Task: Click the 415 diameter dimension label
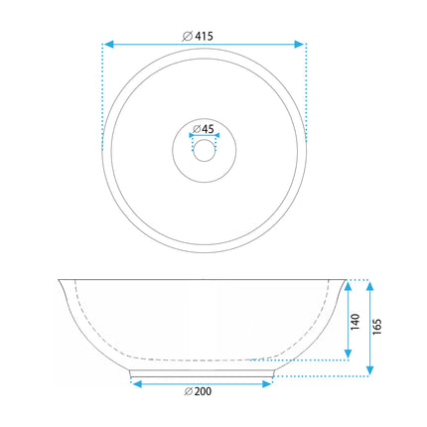click(x=198, y=36)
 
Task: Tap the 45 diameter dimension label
click(x=204, y=129)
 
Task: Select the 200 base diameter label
click(x=198, y=391)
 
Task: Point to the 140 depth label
click(x=355, y=322)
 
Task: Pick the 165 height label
click(x=377, y=327)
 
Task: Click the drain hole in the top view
click(x=204, y=151)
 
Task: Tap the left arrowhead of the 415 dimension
click(x=109, y=44)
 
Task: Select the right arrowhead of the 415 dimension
click(x=299, y=44)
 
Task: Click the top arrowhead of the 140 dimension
click(x=348, y=286)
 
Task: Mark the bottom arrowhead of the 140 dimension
click(x=348, y=354)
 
